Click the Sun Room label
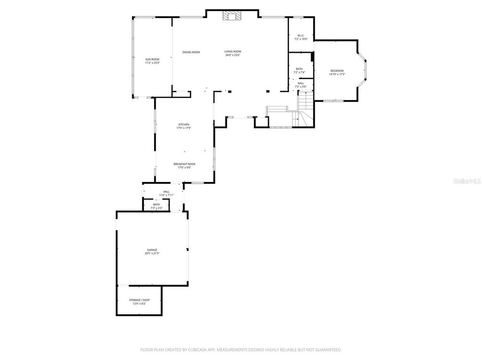click(152, 59)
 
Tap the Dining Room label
click(191, 52)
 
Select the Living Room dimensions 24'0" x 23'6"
click(233, 55)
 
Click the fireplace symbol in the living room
click(232, 16)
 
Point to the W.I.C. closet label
click(301, 35)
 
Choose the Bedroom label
click(337, 71)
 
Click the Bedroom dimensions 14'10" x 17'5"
click(337, 74)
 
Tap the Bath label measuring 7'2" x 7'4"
click(299, 69)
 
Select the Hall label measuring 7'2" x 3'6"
click(301, 83)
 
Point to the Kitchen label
click(184, 124)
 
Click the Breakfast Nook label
click(184, 164)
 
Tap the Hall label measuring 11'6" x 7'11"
click(166, 191)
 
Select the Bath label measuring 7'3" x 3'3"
click(156, 205)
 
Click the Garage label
click(152, 250)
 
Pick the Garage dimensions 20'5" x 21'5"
click(152, 254)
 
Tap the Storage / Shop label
click(139, 300)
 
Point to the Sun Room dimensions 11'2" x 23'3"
click(152, 63)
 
